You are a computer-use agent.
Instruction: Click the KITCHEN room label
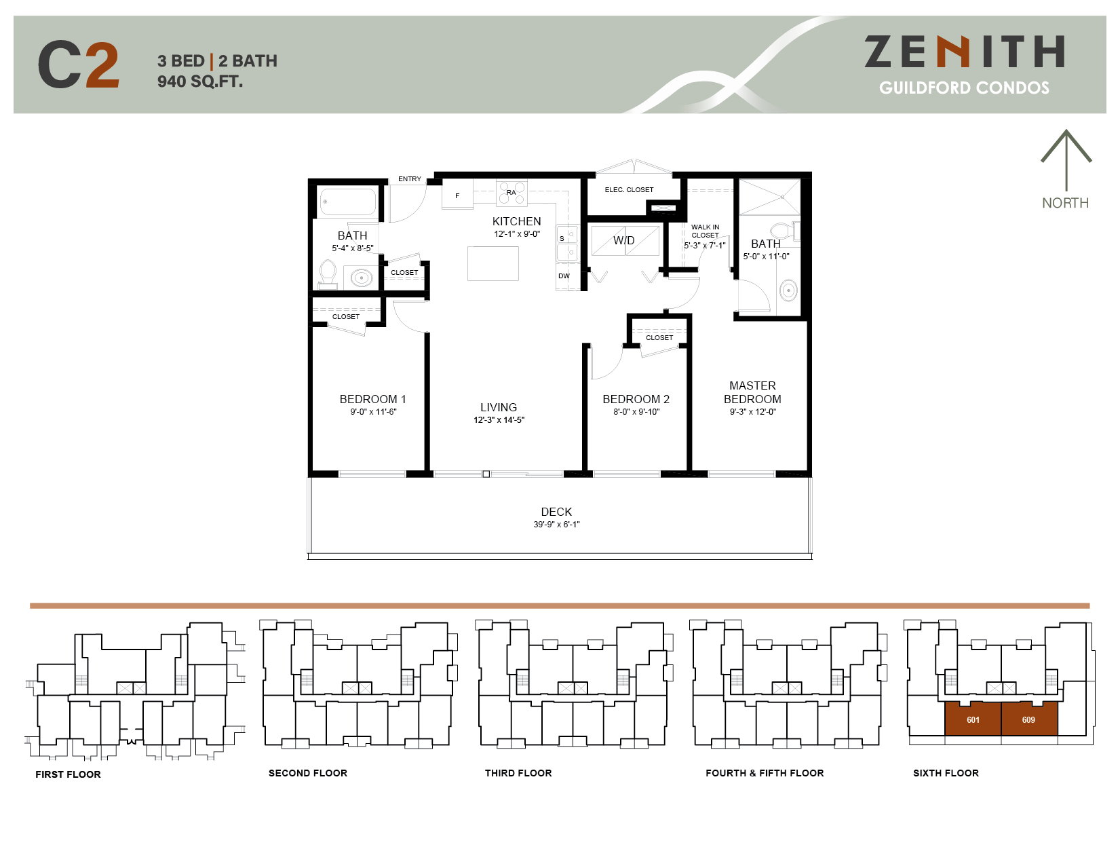click(516, 222)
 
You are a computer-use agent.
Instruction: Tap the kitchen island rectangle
click(493, 263)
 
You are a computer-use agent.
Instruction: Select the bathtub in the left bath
click(348, 202)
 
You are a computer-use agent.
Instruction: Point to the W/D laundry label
click(623, 240)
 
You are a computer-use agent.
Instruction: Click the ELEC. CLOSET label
click(629, 190)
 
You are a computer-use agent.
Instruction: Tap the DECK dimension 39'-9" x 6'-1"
click(556, 525)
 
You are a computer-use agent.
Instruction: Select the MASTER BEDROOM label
click(752, 392)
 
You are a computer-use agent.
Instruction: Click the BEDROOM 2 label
click(636, 399)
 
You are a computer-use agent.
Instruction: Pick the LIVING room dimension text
click(499, 420)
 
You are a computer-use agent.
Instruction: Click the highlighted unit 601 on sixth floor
click(973, 719)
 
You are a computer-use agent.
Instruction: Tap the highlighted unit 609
click(1028, 719)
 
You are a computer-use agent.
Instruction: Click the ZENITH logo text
click(964, 52)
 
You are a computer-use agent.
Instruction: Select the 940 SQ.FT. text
click(200, 81)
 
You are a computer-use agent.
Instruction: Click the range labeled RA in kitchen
click(511, 193)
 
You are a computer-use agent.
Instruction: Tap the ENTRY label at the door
click(409, 179)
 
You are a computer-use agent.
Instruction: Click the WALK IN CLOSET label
click(705, 231)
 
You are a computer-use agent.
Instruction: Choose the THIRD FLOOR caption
click(518, 773)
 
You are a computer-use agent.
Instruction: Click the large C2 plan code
click(79, 65)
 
